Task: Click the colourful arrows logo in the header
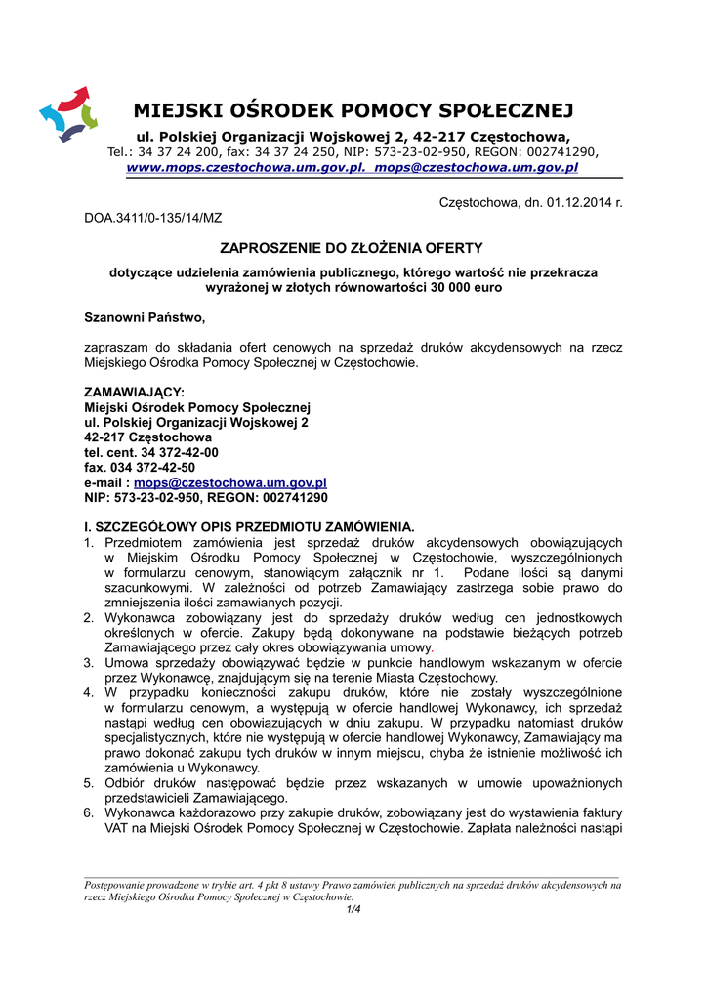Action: pos(69,113)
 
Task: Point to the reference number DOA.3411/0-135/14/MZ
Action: pos(153,218)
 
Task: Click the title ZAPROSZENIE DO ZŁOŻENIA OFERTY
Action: pos(353,248)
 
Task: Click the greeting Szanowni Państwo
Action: pos(146,318)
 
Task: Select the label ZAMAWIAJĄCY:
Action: pos(135,392)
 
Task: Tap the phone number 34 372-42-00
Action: pos(180,452)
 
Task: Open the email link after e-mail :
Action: pos(230,482)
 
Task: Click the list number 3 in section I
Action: pos(89,663)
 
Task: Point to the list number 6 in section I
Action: pos(89,813)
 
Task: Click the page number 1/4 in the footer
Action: pos(353,910)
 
